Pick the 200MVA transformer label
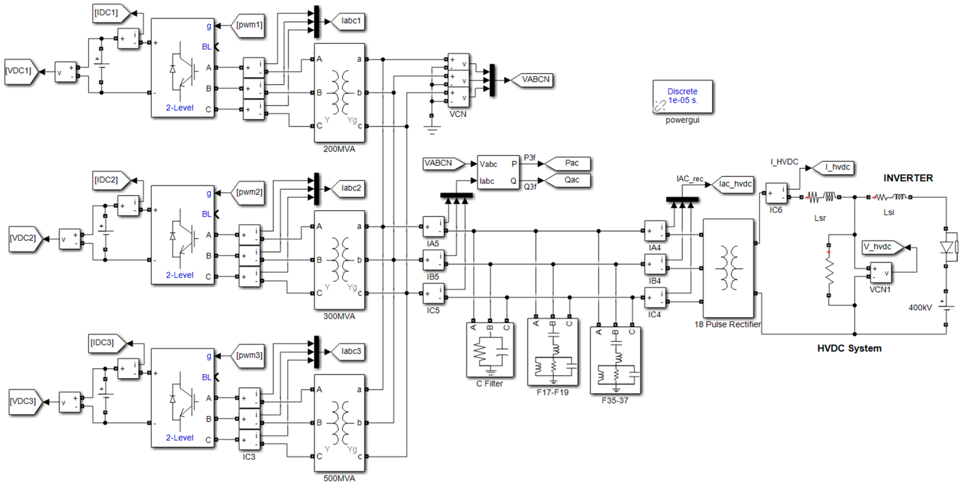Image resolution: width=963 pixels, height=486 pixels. tap(339, 149)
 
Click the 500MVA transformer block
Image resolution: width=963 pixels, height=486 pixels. tap(339, 423)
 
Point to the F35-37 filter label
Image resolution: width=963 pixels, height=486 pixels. tap(615, 401)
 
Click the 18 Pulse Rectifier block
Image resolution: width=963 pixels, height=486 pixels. tap(728, 268)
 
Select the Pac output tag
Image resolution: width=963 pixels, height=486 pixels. tap(570, 163)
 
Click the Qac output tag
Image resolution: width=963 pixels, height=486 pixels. tap(570, 180)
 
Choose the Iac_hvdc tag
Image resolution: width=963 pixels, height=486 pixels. tap(734, 184)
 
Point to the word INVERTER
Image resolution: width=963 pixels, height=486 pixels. tap(908, 178)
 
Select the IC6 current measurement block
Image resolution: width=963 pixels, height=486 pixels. tap(777, 193)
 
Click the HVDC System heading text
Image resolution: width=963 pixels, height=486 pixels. tap(849, 348)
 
